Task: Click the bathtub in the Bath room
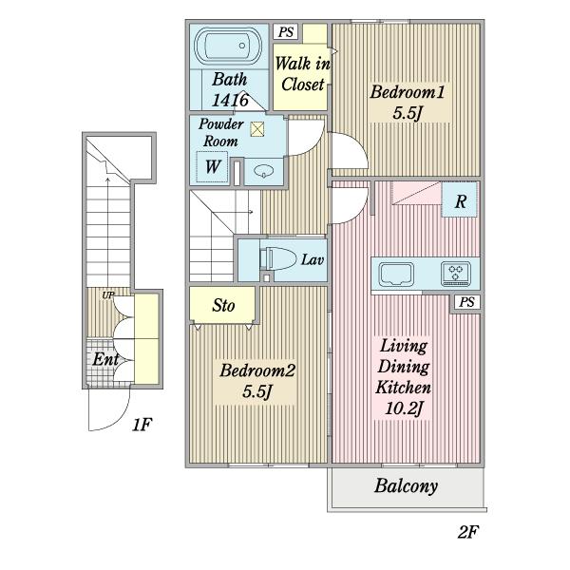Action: coord(228,46)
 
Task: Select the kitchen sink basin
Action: coord(396,275)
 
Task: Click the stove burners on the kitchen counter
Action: coord(455,274)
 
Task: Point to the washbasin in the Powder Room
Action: coord(264,171)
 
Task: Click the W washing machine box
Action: coord(212,166)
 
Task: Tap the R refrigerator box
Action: coord(460,200)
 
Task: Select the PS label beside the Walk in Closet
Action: coord(286,32)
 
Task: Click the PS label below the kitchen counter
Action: coord(466,302)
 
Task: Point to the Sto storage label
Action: coord(223,305)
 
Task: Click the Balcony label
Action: coord(406,486)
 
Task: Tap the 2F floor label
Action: coord(467,533)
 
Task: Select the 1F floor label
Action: coord(142,425)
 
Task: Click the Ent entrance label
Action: coord(105,359)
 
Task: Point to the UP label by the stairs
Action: coord(107,295)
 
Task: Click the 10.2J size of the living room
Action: coord(404,409)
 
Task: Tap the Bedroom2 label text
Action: coord(257,370)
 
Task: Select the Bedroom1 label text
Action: coord(408,92)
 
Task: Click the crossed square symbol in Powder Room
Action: coord(257,129)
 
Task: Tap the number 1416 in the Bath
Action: coord(230,100)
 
